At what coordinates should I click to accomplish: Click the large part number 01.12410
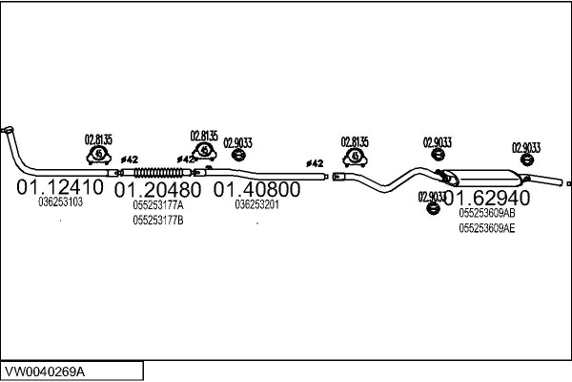click(60, 187)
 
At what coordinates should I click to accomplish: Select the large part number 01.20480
click(157, 190)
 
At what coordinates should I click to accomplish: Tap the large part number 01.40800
click(256, 189)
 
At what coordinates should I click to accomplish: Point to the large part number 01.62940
click(487, 198)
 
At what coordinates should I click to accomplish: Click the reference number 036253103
click(61, 202)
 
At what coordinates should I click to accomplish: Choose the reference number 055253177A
click(158, 205)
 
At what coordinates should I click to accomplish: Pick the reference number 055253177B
click(158, 221)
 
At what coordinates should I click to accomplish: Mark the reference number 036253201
click(257, 204)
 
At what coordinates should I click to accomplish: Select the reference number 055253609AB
click(487, 213)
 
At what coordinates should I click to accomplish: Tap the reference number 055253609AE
click(487, 228)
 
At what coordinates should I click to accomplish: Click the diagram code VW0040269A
click(45, 372)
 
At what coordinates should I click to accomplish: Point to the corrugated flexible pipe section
click(158, 172)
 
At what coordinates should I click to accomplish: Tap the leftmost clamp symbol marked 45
click(99, 155)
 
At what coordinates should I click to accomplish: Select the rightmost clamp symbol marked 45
click(355, 158)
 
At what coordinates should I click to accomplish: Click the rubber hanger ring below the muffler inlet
click(433, 208)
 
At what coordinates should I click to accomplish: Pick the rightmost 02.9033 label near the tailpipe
click(526, 148)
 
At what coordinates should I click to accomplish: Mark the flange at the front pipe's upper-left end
click(8, 130)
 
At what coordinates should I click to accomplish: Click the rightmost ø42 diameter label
click(315, 163)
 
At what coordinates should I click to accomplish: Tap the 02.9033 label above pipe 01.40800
click(237, 142)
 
